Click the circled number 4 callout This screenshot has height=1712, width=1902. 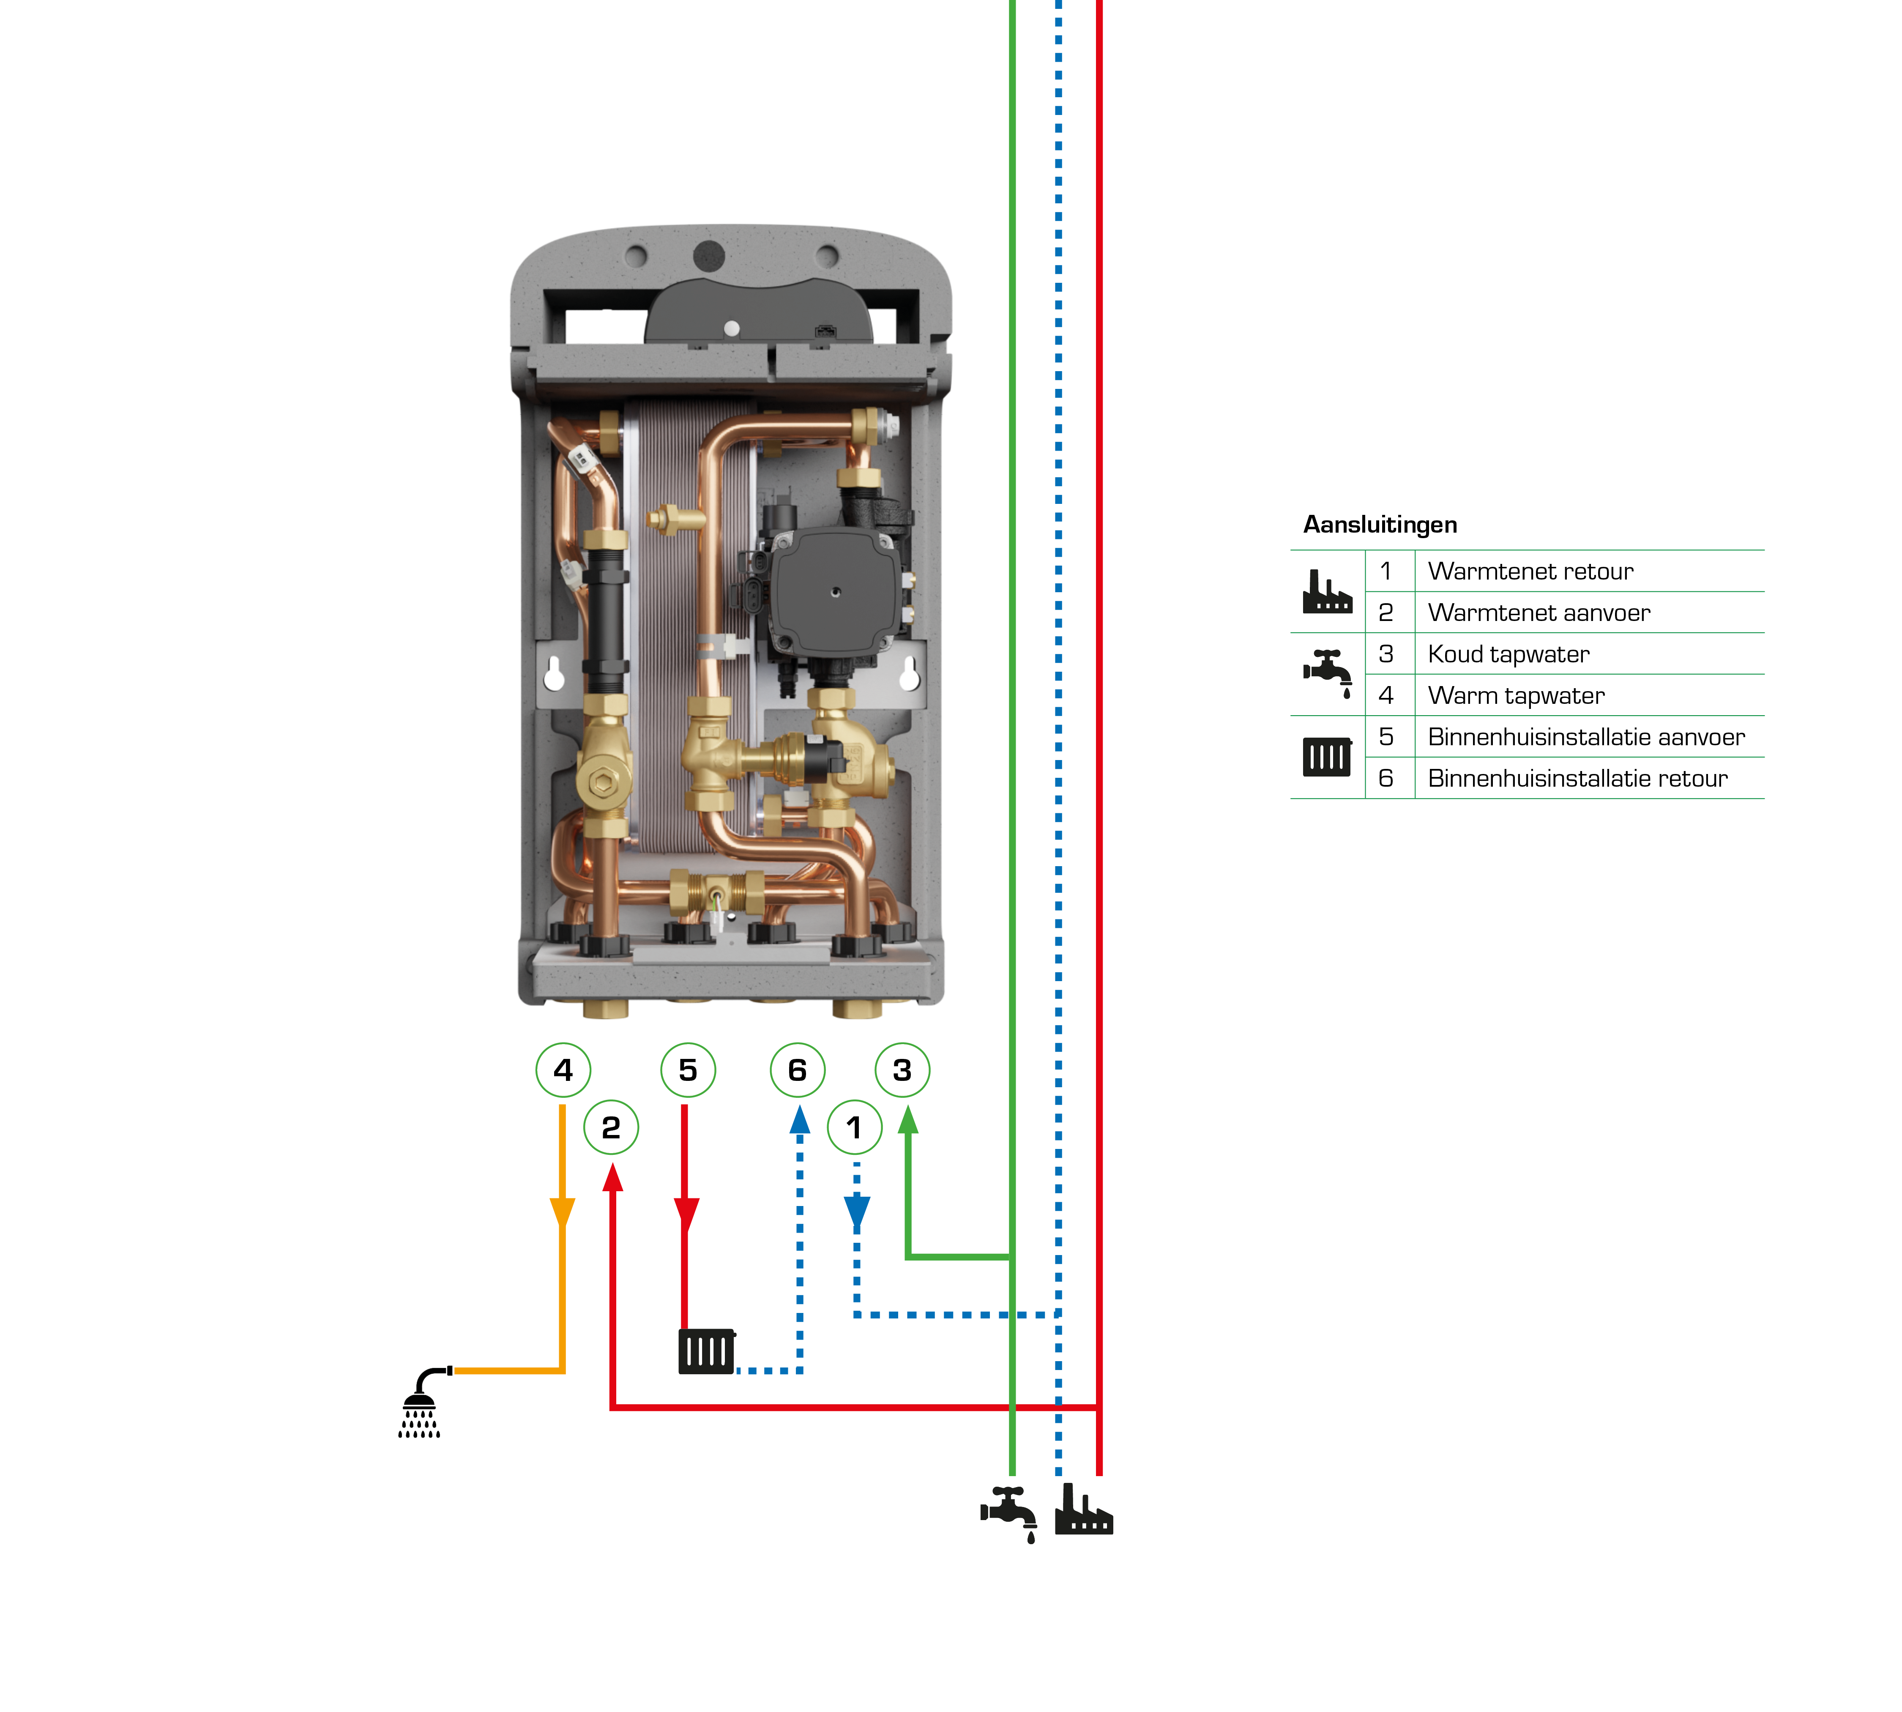[x=563, y=1069]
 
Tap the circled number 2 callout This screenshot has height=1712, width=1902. [x=610, y=1127]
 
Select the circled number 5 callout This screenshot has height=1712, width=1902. [x=688, y=1069]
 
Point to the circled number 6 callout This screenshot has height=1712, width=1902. [x=797, y=1069]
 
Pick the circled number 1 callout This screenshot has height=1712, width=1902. [x=854, y=1127]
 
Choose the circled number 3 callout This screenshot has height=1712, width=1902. [x=902, y=1069]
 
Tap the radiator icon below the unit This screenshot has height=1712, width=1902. [x=705, y=1352]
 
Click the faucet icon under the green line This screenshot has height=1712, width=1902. [x=1009, y=1512]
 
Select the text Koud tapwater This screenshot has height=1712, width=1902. [x=1508, y=654]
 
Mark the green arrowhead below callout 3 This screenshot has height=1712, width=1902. [x=908, y=1119]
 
